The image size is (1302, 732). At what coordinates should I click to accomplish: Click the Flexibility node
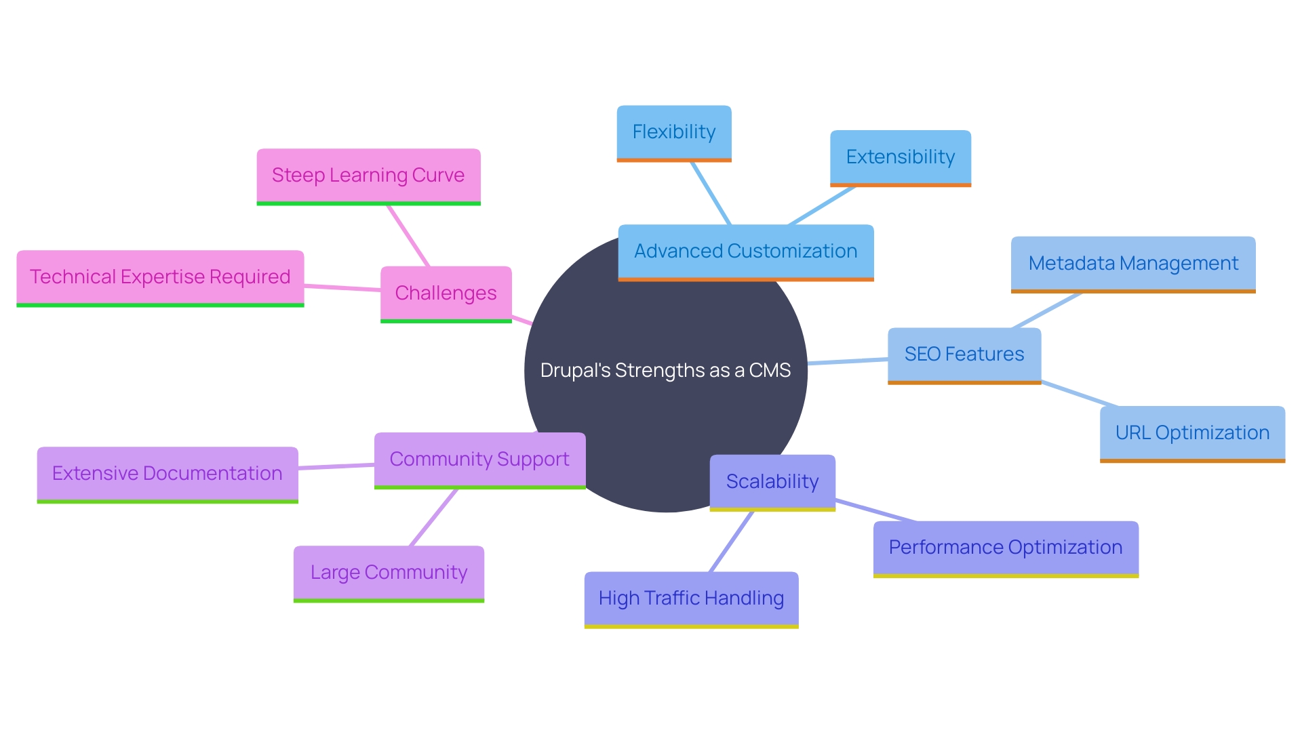(673, 132)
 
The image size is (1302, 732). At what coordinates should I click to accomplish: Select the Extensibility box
(900, 157)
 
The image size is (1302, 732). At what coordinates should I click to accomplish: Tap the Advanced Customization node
(745, 251)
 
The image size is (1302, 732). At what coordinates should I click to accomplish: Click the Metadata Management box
(1132, 264)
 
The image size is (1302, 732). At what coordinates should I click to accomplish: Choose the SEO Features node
(964, 354)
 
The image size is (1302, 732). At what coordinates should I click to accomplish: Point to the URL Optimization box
(1191, 433)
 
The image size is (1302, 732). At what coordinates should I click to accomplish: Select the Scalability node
(772, 482)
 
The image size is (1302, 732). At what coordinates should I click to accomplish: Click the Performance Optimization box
(1005, 548)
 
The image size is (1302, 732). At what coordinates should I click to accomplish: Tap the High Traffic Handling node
(691, 598)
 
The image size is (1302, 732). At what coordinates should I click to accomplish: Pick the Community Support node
(479, 460)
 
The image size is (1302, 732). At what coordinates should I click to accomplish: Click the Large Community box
(389, 573)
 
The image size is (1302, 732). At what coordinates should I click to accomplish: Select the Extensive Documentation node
(167, 474)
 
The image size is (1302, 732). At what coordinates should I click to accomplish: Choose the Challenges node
(446, 293)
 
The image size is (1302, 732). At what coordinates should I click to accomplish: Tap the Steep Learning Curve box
(368, 176)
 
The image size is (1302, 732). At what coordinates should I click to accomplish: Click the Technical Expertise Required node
(160, 277)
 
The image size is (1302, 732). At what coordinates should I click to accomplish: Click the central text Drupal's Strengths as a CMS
(665, 371)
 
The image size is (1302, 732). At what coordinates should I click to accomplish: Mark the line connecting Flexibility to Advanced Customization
(710, 193)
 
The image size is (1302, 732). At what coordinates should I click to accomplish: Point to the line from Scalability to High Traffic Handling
(731, 542)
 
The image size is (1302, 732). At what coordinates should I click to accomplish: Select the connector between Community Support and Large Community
(434, 517)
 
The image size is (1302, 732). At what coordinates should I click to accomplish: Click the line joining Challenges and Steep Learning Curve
(408, 236)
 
